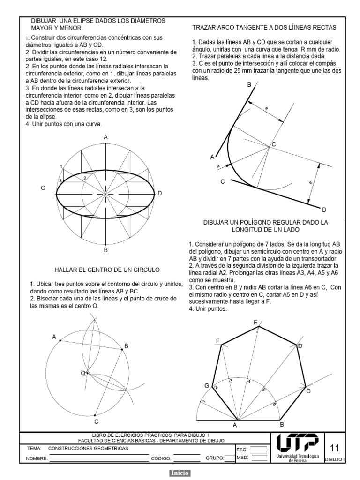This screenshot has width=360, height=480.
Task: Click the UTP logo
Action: (297, 443)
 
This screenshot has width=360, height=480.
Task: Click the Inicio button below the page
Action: (180, 473)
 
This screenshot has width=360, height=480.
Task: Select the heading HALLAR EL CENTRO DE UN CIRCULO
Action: (107, 270)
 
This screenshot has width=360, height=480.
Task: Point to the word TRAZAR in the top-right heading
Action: (204, 28)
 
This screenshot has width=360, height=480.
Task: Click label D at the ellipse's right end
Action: (160, 193)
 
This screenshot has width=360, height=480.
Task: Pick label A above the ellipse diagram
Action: (106, 137)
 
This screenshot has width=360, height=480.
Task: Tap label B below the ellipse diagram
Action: (106, 250)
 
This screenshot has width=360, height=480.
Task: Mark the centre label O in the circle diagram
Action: (82, 373)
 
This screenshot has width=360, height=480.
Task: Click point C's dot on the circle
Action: (95, 415)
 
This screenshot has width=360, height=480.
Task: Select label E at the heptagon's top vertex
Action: (255, 322)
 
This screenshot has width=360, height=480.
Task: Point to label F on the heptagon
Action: (217, 341)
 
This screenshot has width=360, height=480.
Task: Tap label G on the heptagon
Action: (206, 385)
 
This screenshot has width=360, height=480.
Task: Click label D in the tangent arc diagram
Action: (323, 209)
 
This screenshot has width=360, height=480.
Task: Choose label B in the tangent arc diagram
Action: (249, 85)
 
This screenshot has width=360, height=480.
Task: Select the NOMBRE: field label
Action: (37, 458)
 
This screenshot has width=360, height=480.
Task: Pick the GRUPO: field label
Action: (215, 458)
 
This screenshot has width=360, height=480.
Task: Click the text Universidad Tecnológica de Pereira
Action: (297, 458)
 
